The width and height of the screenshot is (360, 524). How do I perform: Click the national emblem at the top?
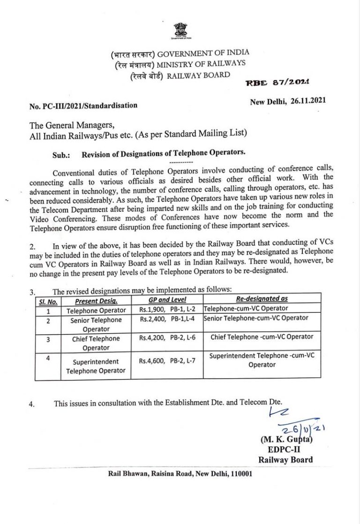180,31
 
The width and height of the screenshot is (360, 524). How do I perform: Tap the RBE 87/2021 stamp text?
277,83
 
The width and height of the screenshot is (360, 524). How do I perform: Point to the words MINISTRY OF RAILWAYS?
201,64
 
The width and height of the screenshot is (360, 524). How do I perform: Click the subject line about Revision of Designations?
164,153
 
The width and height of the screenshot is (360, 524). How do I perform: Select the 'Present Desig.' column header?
96,301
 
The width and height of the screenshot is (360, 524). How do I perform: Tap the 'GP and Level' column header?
167,300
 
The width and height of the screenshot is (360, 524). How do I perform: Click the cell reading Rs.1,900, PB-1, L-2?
167,310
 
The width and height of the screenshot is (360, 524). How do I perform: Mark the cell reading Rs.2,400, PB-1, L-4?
167,319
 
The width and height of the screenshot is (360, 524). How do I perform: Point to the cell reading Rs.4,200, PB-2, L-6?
167,338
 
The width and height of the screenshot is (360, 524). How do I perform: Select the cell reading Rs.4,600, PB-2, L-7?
167,361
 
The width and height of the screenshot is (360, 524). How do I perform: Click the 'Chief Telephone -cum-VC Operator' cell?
262,337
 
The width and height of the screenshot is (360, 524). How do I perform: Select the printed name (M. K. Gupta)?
286,440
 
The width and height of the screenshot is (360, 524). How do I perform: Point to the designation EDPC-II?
284,450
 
